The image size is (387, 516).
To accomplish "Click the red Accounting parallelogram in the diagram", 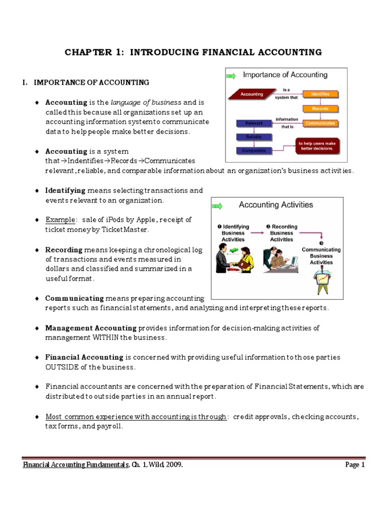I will pyautogui.click(x=252, y=94).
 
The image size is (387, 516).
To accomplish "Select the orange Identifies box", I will pyautogui.click(x=320, y=94).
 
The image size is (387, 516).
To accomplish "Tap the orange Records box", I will pyautogui.click(x=320, y=109).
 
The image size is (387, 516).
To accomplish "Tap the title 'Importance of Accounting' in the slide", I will pyautogui.click(x=285, y=75).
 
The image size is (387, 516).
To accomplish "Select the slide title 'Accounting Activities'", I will pyautogui.click(x=276, y=205).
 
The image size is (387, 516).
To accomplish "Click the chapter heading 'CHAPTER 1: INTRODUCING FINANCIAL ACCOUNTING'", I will pyautogui.click(x=193, y=52).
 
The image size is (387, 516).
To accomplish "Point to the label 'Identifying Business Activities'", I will pyautogui.click(x=232, y=233).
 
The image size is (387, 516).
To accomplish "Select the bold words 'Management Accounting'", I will pyautogui.click(x=91, y=328).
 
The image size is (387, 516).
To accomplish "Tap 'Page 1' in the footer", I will pyautogui.click(x=355, y=465).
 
